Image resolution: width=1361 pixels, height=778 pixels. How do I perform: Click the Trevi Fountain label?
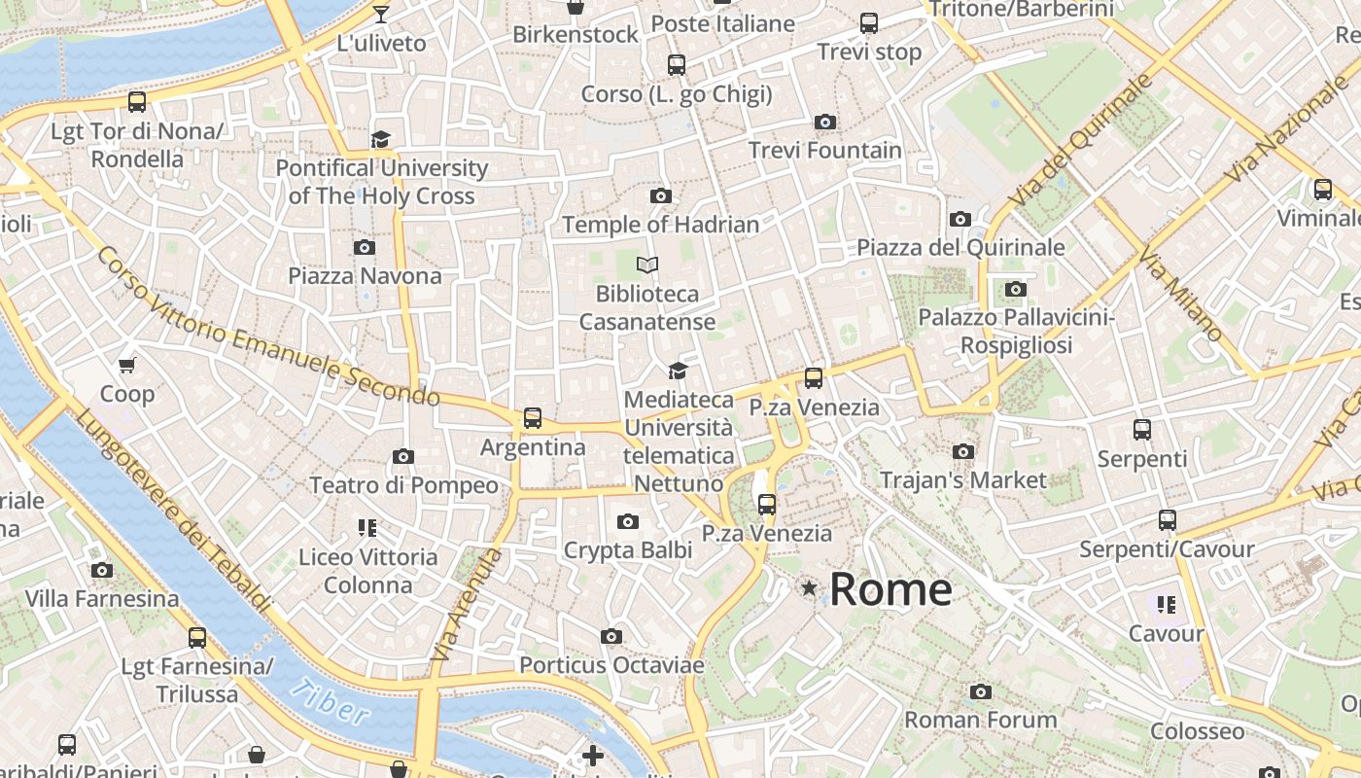pyautogui.click(x=824, y=151)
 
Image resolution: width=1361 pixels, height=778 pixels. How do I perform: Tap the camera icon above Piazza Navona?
pyautogui.click(x=365, y=247)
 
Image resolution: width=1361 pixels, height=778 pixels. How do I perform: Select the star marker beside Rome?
pyautogui.click(x=809, y=588)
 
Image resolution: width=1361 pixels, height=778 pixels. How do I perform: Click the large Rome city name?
pyautogui.click(x=890, y=589)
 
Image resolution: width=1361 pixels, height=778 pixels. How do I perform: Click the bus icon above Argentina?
pyautogui.click(x=533, y=418)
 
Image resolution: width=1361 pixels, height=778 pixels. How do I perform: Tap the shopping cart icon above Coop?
pyautogui.click(x=127, y=365)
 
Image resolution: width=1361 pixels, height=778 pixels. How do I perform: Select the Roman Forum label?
pyautogui.click(x=980, y=721)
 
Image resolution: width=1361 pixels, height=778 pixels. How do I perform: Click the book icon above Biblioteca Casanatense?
pyautogui.click(x=647, y=265)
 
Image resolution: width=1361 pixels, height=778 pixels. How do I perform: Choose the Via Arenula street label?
pyautogui.click(x=467, y=605)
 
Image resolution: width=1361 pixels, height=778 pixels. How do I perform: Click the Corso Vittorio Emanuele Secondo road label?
pyautogui.click(x=268, y=327)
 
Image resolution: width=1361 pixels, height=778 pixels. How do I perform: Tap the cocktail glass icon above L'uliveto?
pyautogui.click(x=381, y=14)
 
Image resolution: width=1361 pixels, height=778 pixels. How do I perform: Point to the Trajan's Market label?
pyautogui.click(x=962, y=479)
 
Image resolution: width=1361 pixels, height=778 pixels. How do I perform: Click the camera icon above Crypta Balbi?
pyautogui.click(x=628, y=522)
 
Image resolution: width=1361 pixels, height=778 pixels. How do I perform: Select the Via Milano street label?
pyautogui.click(x=1181, y=298)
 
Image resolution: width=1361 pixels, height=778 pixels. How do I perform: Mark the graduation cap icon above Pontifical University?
pyautogui.click(x=381, y=139)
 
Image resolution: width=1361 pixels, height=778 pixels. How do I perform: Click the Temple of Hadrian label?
pyautogui.click(x=660, y=225)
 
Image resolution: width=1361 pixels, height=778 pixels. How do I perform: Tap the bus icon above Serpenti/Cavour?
pyautogui.click(x=1167, y=520)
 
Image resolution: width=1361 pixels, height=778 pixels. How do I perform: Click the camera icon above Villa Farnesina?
pyautogui.click(x=102, y=570)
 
